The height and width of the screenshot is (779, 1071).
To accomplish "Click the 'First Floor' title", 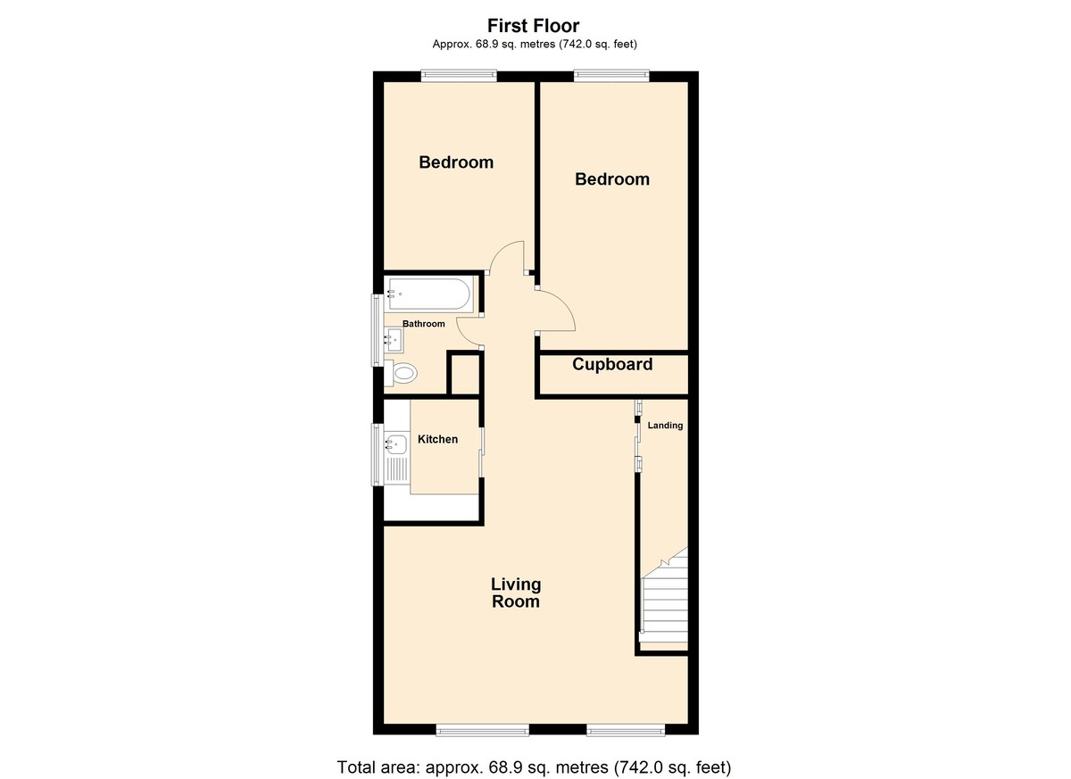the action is (x=533, y=25).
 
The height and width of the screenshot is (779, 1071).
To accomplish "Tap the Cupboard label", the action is (x=612, y=365).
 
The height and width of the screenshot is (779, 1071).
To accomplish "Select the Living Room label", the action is (x=516, y=593).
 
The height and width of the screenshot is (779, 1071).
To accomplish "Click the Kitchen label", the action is (x=437, y=439).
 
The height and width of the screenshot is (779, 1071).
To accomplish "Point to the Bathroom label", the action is (x=424, y=324).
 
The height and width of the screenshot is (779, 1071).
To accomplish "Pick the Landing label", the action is (x=665, y=426).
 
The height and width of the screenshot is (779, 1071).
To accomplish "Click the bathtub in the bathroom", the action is (x=428, y=294).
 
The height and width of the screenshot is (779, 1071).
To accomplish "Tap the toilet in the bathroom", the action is (x=401, y=373).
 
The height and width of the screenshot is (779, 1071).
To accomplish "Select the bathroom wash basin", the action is (x=394, y=340).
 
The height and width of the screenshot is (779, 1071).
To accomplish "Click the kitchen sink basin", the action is (x=396, y=445).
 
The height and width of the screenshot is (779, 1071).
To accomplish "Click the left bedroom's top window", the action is (x=459, y=76).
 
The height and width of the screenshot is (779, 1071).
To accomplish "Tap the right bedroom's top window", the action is (x=611, y=76).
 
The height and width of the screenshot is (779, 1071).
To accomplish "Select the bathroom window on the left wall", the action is (x=378, y=330).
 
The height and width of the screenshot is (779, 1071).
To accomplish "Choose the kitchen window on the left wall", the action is (x=378, y=454).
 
